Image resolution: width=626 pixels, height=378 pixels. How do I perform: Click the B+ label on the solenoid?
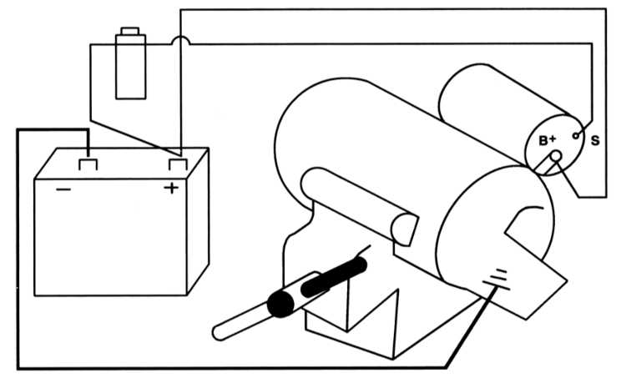point(548,140)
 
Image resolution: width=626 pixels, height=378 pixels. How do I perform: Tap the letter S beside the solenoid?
point(595,140)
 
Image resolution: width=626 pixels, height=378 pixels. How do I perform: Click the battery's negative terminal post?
point(88,165)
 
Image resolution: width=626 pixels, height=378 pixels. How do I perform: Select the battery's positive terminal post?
point(178,164)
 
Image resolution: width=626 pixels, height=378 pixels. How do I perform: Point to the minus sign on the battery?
point(63,189)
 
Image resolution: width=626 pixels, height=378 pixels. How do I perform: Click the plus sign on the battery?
point(171,188)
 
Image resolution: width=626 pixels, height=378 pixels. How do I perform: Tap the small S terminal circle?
point(576,136)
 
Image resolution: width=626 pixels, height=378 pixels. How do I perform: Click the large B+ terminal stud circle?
point(556,157)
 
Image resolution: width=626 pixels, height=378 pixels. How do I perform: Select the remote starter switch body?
point(130,67)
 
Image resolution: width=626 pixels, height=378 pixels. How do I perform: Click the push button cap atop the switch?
point(129,31)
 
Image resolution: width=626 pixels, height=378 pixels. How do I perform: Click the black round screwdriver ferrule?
point(280,304)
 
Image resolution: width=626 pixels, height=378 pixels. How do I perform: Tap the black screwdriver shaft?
point(334,276)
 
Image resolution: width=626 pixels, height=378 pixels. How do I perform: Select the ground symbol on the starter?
point(497,280)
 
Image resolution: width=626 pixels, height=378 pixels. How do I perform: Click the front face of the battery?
point(110,238)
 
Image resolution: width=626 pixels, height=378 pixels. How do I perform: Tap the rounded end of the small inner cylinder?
point(405,230)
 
